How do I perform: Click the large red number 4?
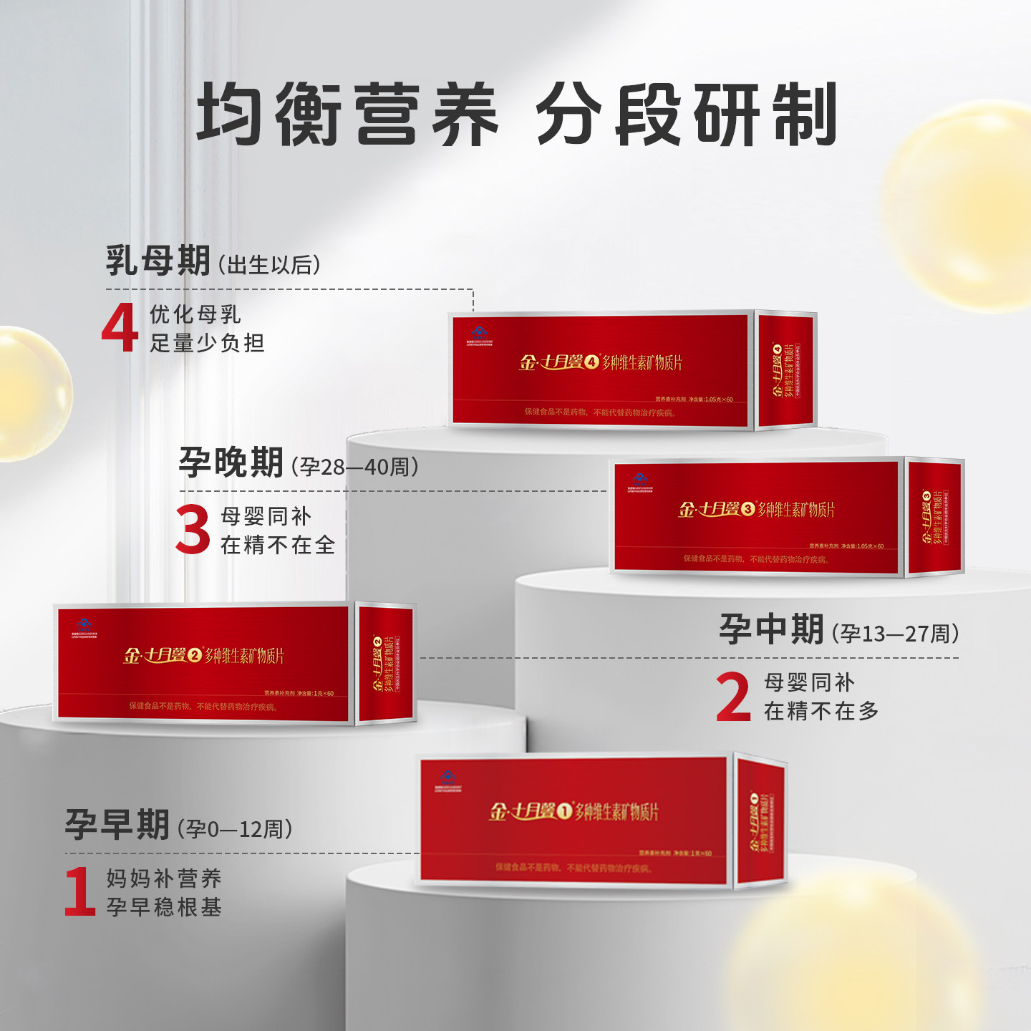120,327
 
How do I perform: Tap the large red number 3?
193,529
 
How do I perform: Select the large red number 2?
733,696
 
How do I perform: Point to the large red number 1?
79,891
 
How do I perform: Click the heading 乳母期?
158,261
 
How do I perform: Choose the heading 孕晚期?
231,463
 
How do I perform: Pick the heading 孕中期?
771,629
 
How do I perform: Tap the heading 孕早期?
117,825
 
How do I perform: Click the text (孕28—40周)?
354,468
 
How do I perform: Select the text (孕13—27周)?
895,634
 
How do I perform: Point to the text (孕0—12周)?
235,829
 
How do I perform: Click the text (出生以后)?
269,266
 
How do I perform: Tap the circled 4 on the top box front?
591,362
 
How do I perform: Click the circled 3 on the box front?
748,509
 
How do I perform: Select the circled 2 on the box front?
195,655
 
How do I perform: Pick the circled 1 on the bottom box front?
565,811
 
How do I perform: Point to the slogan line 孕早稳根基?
164,907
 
